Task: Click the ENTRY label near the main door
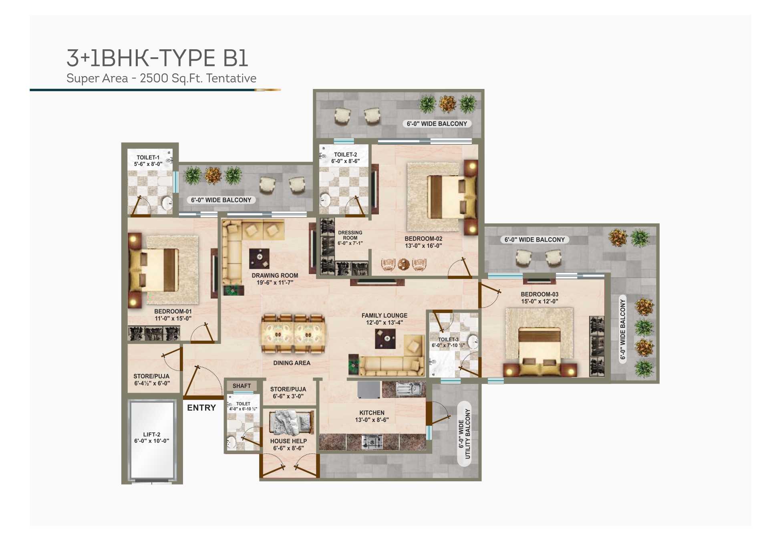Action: [201, 408]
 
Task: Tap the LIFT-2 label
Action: [151, 434]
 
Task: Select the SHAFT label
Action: [242, 386]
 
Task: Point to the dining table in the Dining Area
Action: [293, 334]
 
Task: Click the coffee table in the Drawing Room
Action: [259, 258]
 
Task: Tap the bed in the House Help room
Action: [291, 422]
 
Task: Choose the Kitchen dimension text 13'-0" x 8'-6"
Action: [372, 420]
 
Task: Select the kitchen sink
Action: [408, 389]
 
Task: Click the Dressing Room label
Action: [350, 235]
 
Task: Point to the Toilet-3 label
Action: [448, 339]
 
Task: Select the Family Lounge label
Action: [384, 316]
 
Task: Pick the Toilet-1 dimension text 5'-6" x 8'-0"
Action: [148, 164]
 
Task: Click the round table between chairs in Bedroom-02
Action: [403, 264]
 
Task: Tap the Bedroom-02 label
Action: [423, 239]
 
